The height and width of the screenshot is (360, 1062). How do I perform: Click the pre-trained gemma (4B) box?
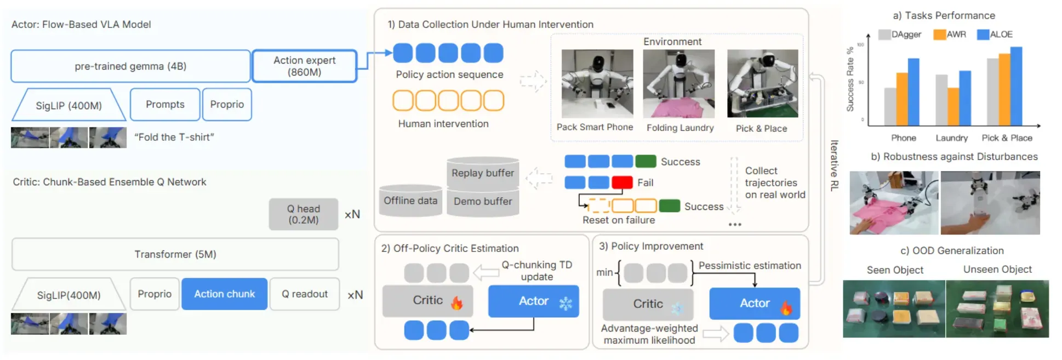pos(130,66)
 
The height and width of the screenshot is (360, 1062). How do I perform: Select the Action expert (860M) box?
pos(305,66)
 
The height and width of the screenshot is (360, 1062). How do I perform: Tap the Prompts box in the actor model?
pos(165,104)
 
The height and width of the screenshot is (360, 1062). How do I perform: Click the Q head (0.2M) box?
pos(303,214)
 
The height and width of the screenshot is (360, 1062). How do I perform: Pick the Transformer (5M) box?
pos(175,254)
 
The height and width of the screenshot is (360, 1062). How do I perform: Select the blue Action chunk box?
pos(225,294)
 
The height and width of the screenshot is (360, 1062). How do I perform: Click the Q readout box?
pos(305,294)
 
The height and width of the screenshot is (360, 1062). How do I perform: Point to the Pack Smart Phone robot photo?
pos(597,84)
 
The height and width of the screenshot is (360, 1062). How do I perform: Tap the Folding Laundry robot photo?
pos(679,84)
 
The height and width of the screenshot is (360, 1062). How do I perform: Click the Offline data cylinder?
pos(410,201)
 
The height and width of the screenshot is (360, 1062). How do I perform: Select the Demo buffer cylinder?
pos(483,202)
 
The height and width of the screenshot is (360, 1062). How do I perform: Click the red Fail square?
pos(622,182)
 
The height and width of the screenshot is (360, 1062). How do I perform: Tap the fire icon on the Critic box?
pos(456,302)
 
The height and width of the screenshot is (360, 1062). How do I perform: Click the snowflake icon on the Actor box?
pos(566,303)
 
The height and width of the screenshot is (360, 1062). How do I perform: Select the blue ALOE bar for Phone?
pos(913,92)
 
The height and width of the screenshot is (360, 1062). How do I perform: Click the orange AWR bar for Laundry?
pos(953,107)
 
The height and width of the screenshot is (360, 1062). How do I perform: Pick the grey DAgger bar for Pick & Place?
pos(993,92)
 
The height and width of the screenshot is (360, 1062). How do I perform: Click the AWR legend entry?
pos(950,35)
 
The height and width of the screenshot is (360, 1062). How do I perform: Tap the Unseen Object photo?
pos(997,308)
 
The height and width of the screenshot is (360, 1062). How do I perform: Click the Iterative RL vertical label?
pos(834,165)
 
